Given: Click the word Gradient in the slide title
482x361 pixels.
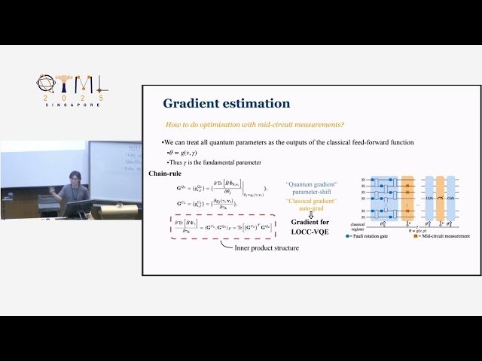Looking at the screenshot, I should pos(191,104).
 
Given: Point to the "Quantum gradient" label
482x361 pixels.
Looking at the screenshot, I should pos(312,184).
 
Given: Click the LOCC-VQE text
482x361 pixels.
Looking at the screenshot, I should pos(310,243).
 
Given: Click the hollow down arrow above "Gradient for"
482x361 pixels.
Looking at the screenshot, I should pos(310,214).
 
